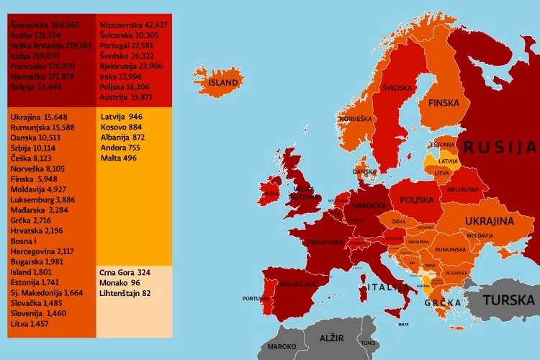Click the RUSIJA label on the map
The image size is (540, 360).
click(500, 148)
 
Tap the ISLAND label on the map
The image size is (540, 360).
click(223, 83)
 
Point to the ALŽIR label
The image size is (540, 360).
click(332, 338)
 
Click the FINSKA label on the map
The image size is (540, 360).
click(444, 103)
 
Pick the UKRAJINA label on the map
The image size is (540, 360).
click(489, 221)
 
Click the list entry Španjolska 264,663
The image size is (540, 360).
click(45, 25)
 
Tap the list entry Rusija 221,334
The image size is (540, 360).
click(40, 35)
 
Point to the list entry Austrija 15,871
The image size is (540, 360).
click(126, 96)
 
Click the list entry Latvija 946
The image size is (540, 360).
click(121, 117)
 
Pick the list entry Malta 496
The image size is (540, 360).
click(118, 158)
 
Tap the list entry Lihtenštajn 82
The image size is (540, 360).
click(126, 293)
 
